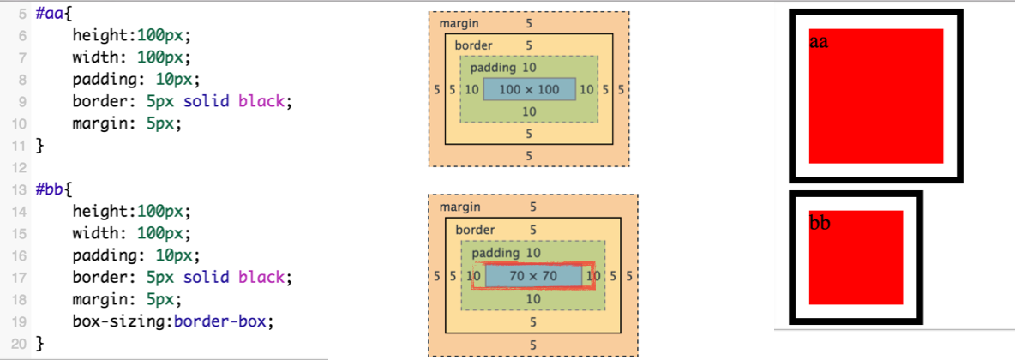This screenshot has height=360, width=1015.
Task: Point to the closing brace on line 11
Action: pyautogui.click(x=38, y=146)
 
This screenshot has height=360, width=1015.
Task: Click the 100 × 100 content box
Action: pyautogui.click(x=529, y=89)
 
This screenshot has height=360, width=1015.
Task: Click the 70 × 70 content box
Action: pyautogui.click(x=533, y=276)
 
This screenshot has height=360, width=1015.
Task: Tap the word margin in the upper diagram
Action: pyautogui.click(x=459, y=24)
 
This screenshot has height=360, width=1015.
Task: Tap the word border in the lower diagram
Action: pyautogui.click(x=475, y=230)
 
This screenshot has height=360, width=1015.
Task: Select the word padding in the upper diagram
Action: pyautogui.click(x=493, y=68)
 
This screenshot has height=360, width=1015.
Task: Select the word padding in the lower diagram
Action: pyautogui.click(x=495, y=253)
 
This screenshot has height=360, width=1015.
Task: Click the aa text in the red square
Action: pyautogui.click(x=819, y=42)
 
